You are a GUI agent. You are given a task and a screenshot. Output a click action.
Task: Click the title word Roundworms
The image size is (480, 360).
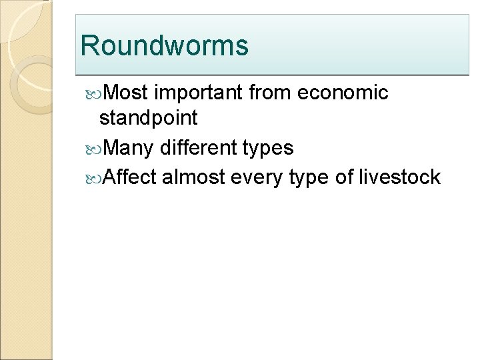pos(164,46)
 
